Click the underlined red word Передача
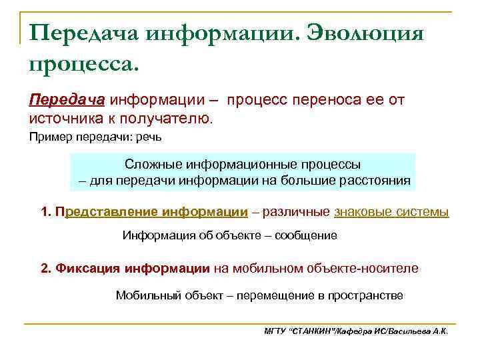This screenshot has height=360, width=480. click(67, 100)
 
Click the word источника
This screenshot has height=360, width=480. click(64, 119)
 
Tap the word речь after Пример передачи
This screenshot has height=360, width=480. click(150, 138)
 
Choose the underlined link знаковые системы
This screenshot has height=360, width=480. click(391, 212)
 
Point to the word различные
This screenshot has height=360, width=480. click(296, 212)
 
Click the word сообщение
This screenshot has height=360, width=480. click(304, 235)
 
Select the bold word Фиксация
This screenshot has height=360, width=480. click(83, 268)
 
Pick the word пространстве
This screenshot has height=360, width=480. click(365, 295)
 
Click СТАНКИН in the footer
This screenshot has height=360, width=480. click(313, 331)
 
